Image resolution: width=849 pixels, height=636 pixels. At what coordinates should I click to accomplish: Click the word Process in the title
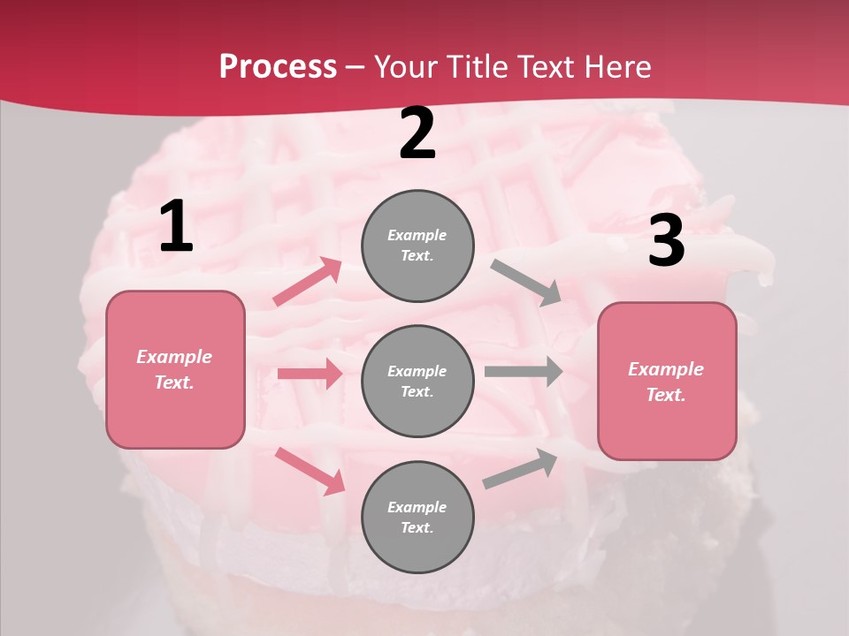[278, 67]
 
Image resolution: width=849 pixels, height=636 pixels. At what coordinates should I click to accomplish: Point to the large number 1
[176, 227]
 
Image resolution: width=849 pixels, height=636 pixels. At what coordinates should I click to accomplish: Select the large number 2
[417, 133]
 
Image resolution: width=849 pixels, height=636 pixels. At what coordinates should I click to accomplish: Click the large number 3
[666, 241]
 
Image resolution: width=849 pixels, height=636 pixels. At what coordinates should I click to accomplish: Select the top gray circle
[417, 246]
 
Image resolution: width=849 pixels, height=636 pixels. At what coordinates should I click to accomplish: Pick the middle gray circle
[417, 381]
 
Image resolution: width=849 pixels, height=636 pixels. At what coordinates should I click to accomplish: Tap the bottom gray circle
[417, 517]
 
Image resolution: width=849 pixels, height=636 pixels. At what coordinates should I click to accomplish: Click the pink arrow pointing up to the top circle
[307, 282]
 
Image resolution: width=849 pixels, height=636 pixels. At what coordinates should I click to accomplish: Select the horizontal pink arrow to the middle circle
[310, 374]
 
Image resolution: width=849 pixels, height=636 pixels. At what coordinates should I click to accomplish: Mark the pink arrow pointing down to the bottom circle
[310, 471]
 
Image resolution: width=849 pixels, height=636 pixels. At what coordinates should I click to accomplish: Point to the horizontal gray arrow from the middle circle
[523, 371]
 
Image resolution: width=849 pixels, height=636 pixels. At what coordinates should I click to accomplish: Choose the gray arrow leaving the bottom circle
[520, 468]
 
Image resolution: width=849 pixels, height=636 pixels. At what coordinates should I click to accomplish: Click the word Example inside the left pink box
[174, 357]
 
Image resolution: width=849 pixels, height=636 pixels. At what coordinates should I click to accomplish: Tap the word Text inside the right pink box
[665, 395]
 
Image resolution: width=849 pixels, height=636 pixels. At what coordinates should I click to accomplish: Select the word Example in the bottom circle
[417, 507]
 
